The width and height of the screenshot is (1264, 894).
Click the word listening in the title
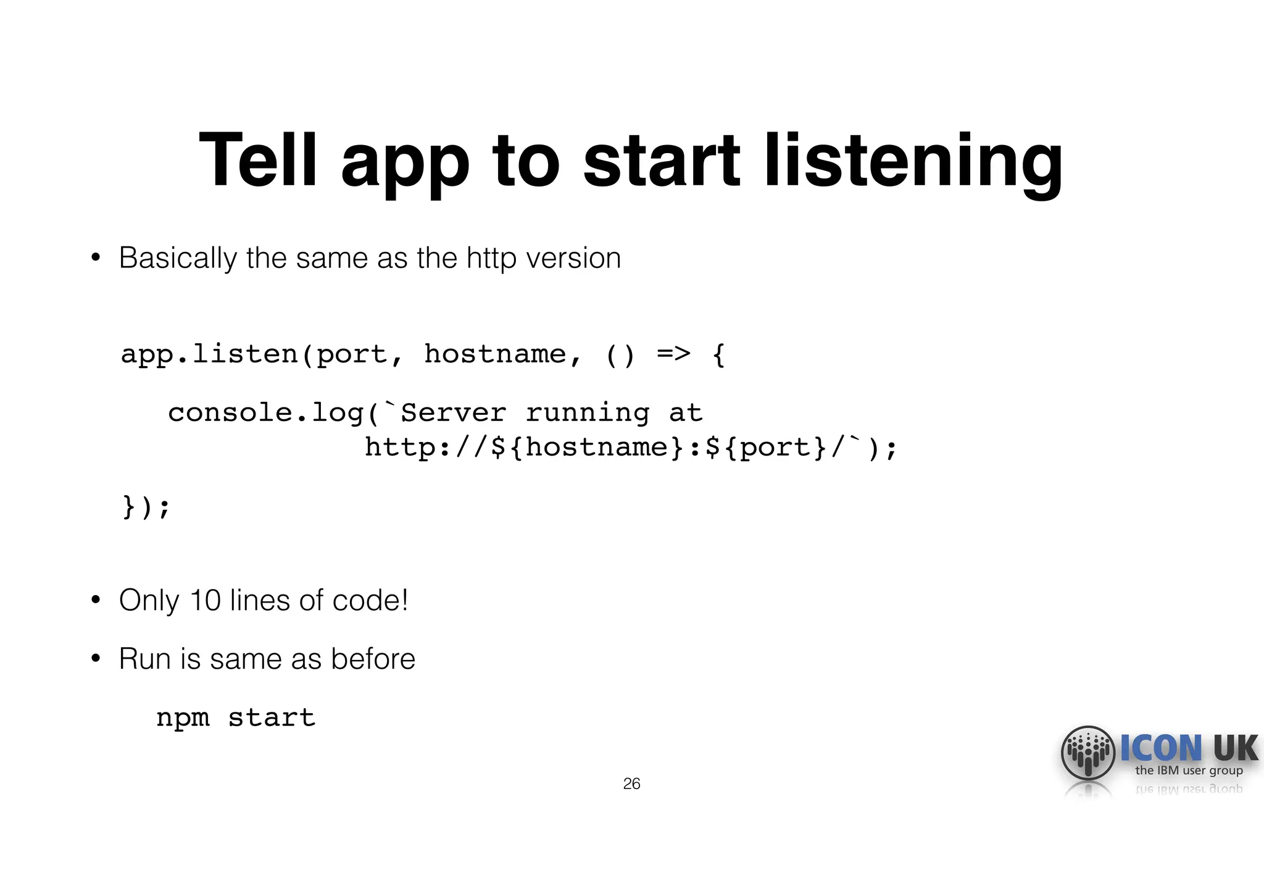click(x=913, y=162)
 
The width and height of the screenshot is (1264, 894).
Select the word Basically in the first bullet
click(x=177, y=258)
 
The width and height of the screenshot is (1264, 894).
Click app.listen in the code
click(x=209, y=354)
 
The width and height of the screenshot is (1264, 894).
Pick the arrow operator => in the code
click(x=673, y=354)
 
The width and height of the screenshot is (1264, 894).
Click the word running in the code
click(x=587, y=412)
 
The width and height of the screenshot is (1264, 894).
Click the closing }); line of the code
click(x=146, y=507)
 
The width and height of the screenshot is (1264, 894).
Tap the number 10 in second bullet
click(x=205, y=601)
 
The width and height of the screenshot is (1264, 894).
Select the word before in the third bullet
click(x=373, y=659)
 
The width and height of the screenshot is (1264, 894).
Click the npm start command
click(x=235, y=717)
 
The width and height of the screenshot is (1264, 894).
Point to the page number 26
click(x=631, y=784)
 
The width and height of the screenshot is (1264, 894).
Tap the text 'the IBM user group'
click(x=1189, y=771)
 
